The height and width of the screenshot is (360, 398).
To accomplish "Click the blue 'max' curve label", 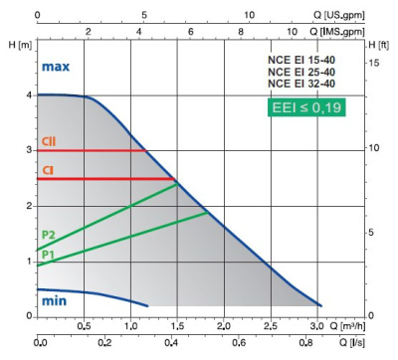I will coord(56,67).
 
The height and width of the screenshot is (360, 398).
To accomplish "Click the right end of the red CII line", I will coord(148,151).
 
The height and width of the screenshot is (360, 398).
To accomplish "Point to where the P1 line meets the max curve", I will coord(208,213).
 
